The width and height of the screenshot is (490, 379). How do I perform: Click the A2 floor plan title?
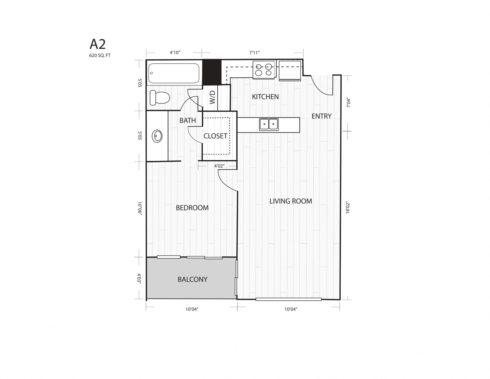pos(97,44)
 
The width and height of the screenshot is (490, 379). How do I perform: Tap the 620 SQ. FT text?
pos(100,55)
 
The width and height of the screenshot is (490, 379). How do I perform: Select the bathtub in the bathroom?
pos(174,73)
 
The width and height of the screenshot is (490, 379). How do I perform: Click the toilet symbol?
pos(160,98)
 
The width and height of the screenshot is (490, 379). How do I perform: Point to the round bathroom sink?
pos(157,136)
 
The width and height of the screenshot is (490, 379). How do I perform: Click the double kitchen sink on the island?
pos(269,124)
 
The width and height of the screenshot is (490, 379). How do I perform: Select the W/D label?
pos(212,97)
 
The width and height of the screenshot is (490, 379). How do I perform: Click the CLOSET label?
pos(215,136)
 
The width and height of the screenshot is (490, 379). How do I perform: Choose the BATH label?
pos(188,121)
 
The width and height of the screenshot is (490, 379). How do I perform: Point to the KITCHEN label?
pos(265,97)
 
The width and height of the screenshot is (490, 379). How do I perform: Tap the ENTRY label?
pos(321,116)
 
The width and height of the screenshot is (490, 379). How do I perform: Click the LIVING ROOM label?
pos(291,201)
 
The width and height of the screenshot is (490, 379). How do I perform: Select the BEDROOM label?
pos(192,208)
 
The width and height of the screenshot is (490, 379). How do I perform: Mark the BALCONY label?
pos(192,279)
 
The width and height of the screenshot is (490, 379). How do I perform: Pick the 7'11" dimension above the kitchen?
pos(254,53)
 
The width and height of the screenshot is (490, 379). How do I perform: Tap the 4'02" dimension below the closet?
pos(219,166)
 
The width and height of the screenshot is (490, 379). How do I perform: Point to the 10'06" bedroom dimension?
pos(139,209)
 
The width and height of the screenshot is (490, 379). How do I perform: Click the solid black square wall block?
pos(212,72)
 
